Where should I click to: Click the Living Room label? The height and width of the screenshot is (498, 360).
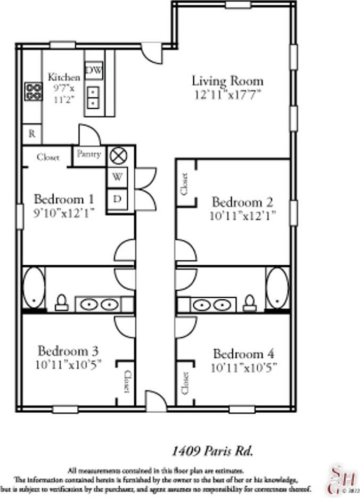tap(227, 81)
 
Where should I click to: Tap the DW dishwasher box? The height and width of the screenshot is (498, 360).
tap(94, 70)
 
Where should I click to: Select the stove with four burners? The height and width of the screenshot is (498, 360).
tap(34, 92)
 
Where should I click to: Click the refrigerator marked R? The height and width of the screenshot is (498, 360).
tap(32, 134)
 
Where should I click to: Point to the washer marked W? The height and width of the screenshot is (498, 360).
tap(117, 177)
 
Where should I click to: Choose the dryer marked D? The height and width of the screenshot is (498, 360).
tap(117, 200)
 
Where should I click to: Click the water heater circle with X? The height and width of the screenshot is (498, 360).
tap(118, 156)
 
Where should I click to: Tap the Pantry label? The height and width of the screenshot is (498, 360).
tap(89, 154)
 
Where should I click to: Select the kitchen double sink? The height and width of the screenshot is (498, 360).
tap(93, 96)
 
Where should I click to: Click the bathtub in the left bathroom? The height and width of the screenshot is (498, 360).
tap(34, 288)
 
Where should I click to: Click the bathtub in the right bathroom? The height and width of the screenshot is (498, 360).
tap(277, 288)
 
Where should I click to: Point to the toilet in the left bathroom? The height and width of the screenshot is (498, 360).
tap(62, 303)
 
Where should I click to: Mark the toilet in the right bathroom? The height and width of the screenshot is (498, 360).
tap(249, 303)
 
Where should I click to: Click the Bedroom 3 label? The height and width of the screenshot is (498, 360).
tap(69, 351)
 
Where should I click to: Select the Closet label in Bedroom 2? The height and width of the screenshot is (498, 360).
tap(185, 183)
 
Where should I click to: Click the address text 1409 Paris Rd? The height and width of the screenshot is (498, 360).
tap(211, 451)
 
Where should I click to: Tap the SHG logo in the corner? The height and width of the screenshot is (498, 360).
tap(337, 479)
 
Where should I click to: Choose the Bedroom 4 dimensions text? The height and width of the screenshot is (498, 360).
tap(244, 367)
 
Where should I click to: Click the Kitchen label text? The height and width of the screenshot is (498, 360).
tap(64, 77)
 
